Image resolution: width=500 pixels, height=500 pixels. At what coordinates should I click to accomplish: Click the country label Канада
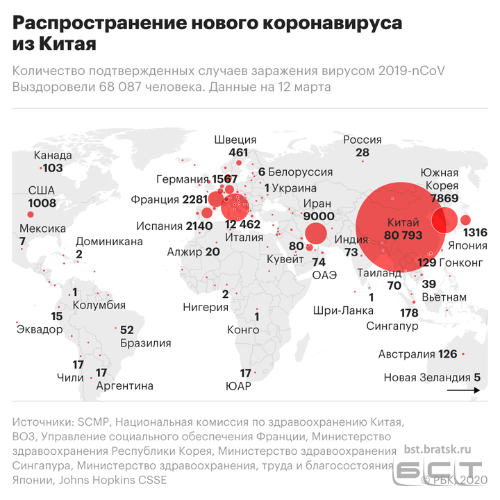click(x=53, y=156)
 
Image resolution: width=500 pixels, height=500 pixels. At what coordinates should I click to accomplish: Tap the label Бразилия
click(x=145, y=342)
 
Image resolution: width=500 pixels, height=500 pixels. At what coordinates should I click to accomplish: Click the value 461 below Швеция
click(x=238, y=152)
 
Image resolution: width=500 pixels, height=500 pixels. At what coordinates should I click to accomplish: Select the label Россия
click(x=362, y=140)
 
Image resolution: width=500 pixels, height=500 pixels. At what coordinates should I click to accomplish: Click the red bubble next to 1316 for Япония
click(x=465, y=221)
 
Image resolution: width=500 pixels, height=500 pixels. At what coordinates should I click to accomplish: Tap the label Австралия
click(x=406, y=354)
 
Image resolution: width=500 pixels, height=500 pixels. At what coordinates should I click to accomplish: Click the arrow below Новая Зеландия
click(x=460, y=392)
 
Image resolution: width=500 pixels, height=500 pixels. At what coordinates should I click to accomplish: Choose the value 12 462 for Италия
click(x=242, y=224)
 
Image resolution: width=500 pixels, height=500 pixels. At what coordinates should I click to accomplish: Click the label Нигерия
click(x=205, y=306)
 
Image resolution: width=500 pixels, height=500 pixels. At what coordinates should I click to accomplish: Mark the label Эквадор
click(x=39, y=328)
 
